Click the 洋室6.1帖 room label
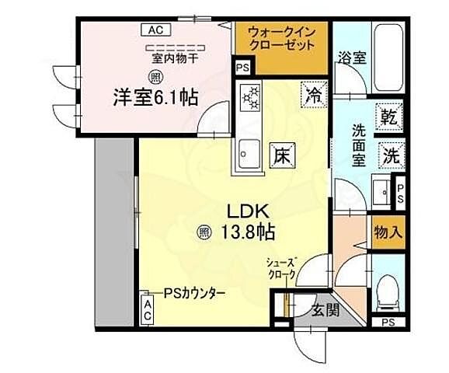pos(156,99)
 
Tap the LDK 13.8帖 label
pos(248,221)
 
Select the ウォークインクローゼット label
pos(282,39)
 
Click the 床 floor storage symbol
pos(280,155)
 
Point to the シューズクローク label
pos(282,268)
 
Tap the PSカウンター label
pos(194,293)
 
